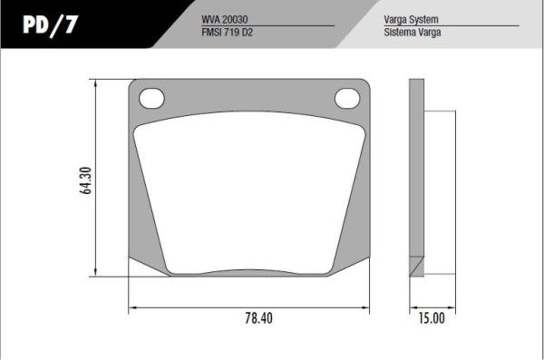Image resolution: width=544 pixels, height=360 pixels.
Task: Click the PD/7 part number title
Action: coord(50,25)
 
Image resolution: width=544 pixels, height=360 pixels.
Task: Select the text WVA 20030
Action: coord(225,19)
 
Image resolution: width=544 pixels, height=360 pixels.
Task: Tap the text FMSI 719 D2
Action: coord(227,33)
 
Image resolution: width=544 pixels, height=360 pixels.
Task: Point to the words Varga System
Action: coord(411,19)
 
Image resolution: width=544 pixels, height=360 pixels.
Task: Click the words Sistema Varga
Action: coord(413,33)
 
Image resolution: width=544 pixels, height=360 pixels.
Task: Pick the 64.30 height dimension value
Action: coord(86,180)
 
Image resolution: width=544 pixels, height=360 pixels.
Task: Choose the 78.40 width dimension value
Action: coord(258,318)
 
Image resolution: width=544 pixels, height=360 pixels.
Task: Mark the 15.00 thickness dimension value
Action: coord(432,318)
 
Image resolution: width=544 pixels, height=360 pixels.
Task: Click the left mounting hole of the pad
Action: coord(151,98)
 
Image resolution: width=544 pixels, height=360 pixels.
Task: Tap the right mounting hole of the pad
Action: coord(347,98)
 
